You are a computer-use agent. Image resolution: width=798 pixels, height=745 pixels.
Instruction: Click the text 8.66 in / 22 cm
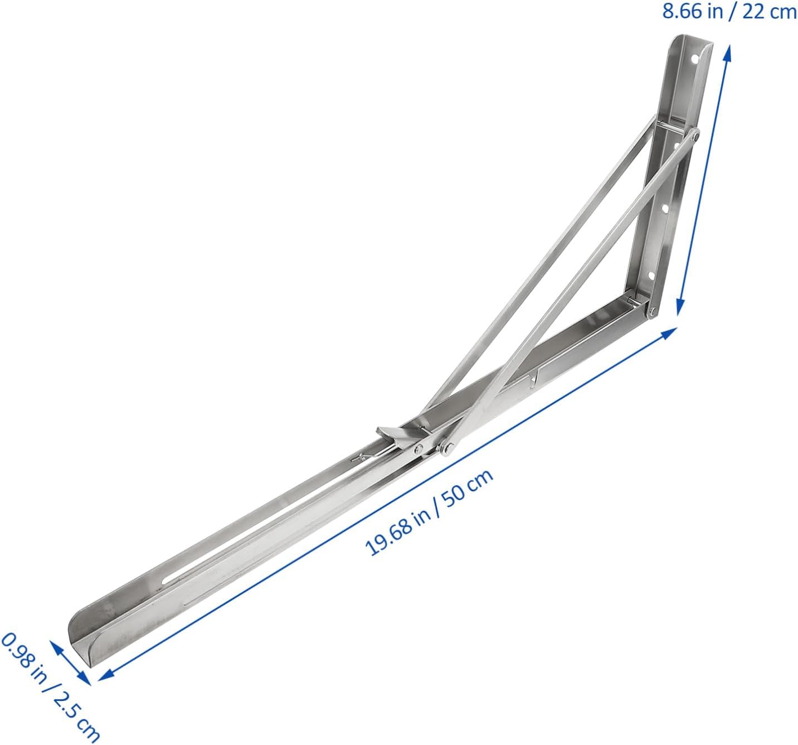pyautogui.click(x=729, y=12)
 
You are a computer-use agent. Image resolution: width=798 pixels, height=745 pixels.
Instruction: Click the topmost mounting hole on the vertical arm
pyautogui.click(x=694, y=58)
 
